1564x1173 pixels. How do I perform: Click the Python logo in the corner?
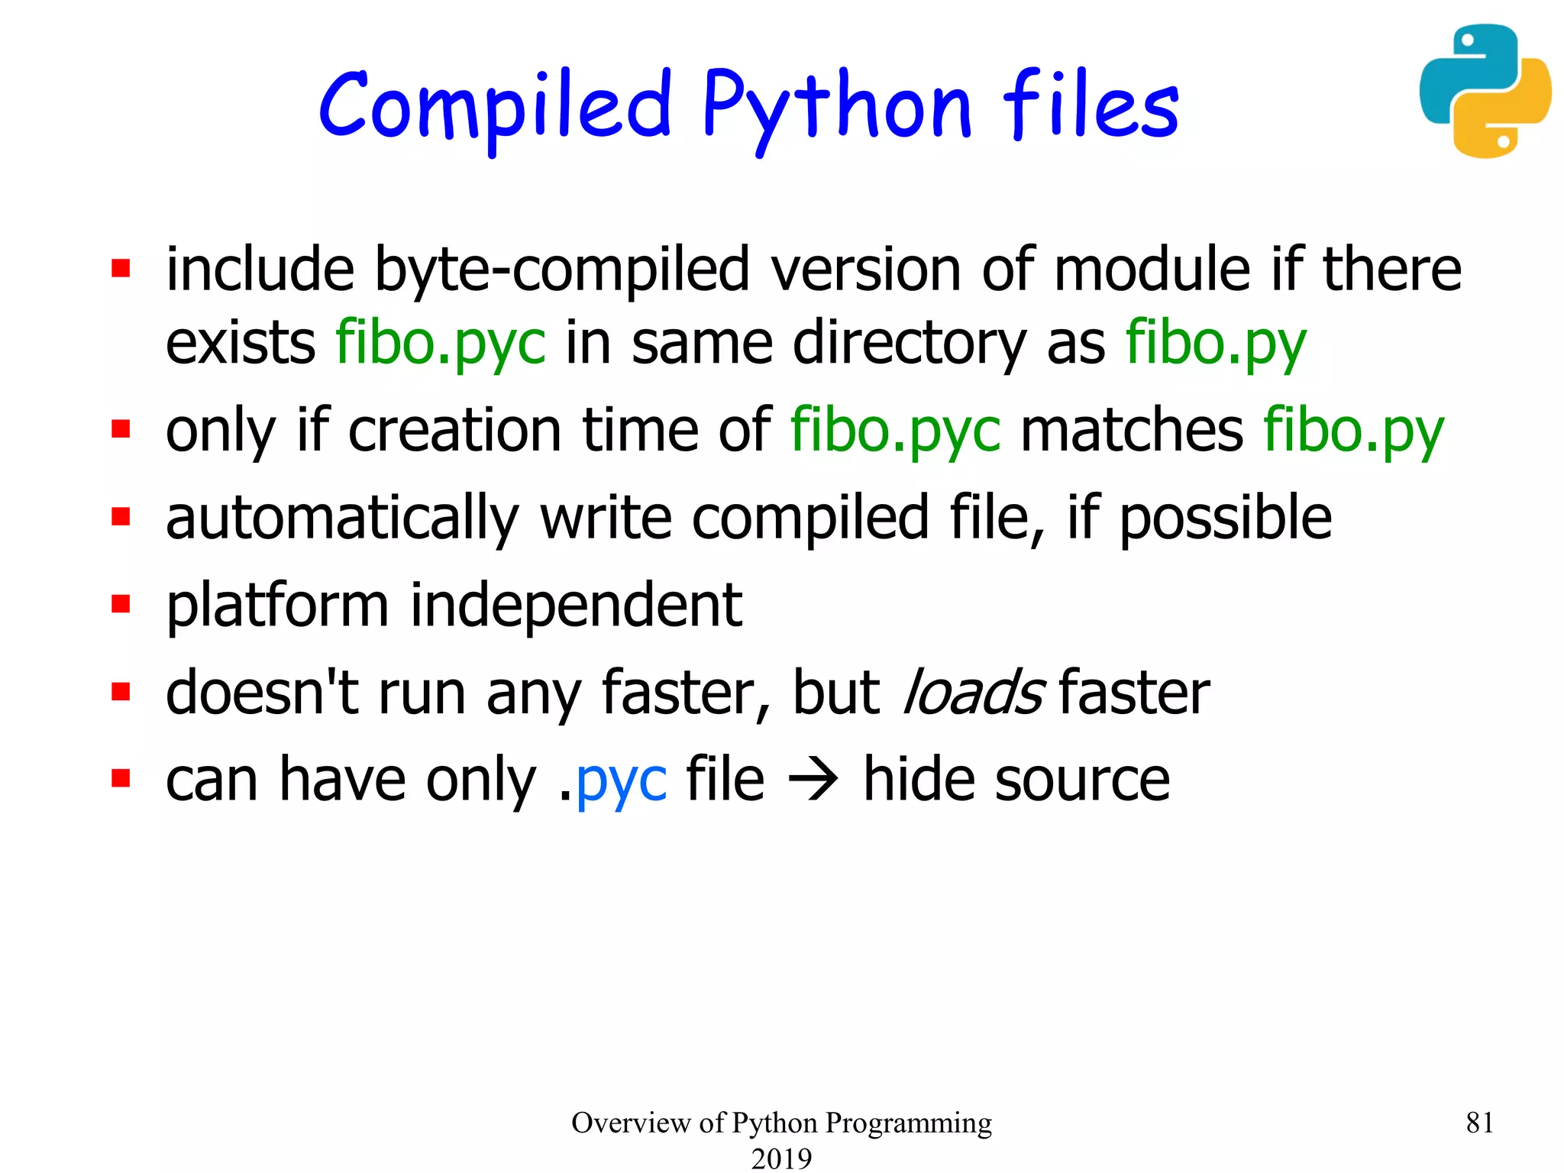[x=1485, y=91]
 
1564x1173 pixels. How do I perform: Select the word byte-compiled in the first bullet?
[x=561, y=270]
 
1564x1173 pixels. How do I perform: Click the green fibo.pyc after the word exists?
[x=441, y=343]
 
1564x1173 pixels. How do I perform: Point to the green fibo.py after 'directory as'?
[x=1216, y=343]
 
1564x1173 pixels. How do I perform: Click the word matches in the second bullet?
[x=1132, y=430]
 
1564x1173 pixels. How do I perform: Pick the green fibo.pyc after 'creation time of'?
[x=895, y=430]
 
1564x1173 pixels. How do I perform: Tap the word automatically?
[x=342, y=518]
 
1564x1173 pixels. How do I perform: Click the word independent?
[x=576, y=605]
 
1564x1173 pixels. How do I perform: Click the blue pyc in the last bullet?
[x=621, y=780]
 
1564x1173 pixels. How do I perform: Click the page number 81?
[x=1479, y=1123]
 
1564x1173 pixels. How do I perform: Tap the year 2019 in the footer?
[x=781, y=1158]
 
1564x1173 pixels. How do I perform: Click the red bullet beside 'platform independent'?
[x=121, y=605]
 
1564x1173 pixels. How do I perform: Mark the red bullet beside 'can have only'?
[x=121, y=779]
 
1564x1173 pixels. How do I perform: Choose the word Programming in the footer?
[x=909, y=1123]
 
